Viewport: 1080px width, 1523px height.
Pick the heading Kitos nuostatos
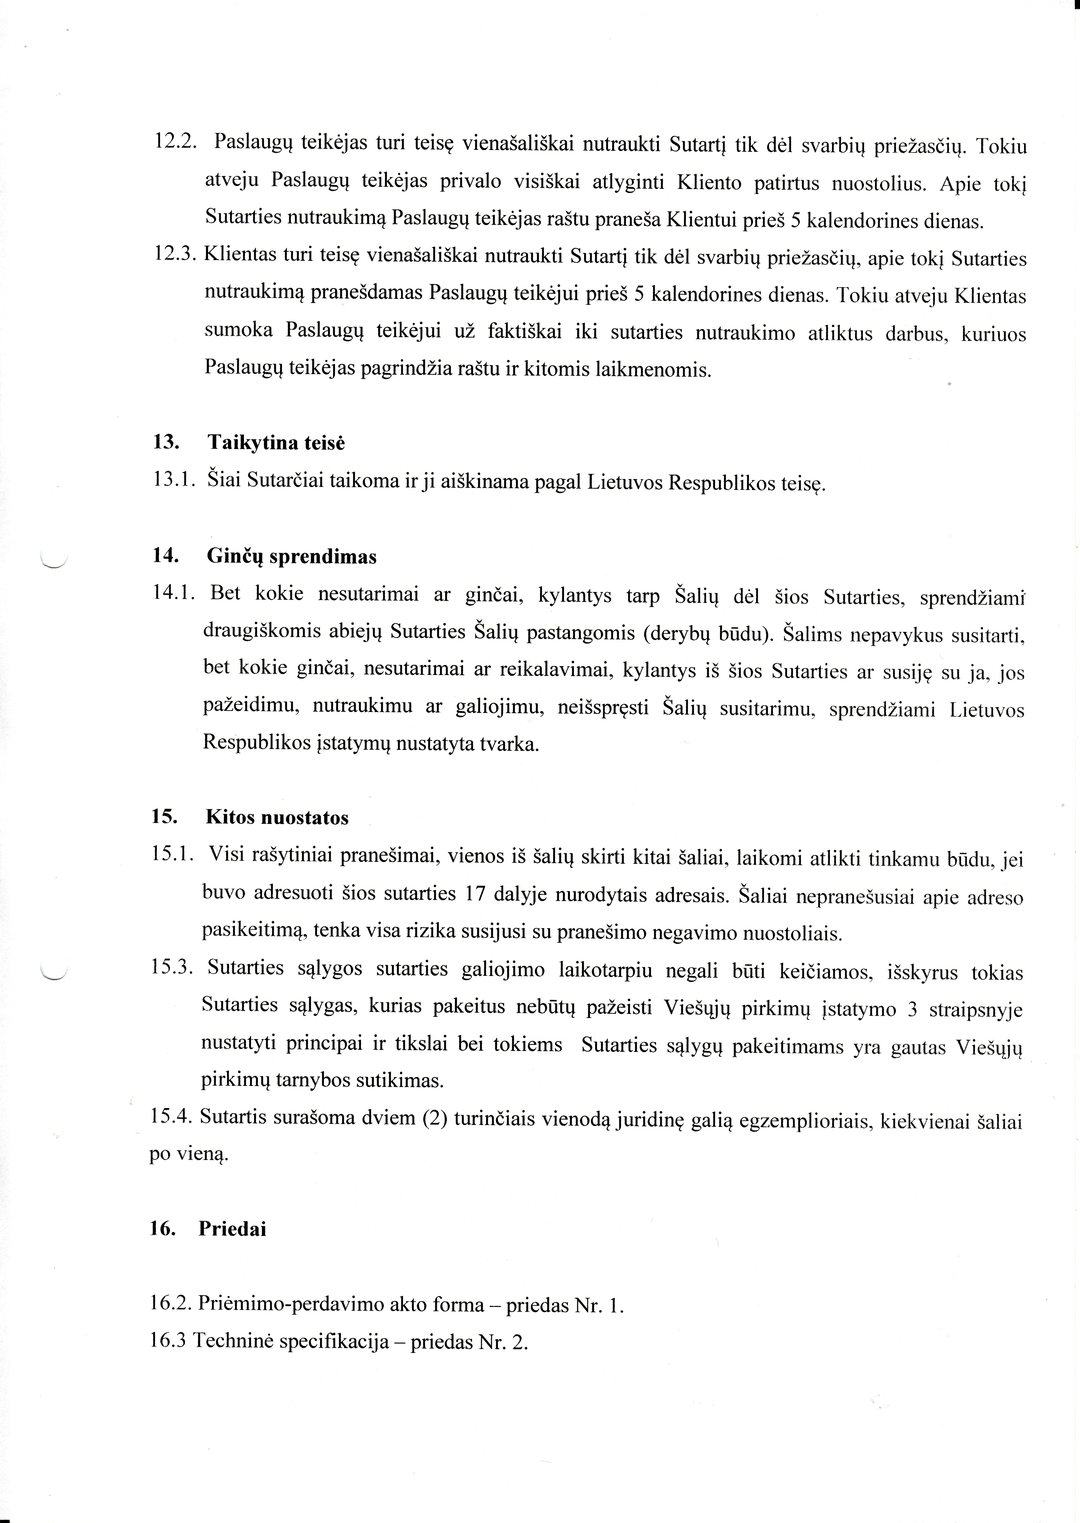(277, 817)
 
